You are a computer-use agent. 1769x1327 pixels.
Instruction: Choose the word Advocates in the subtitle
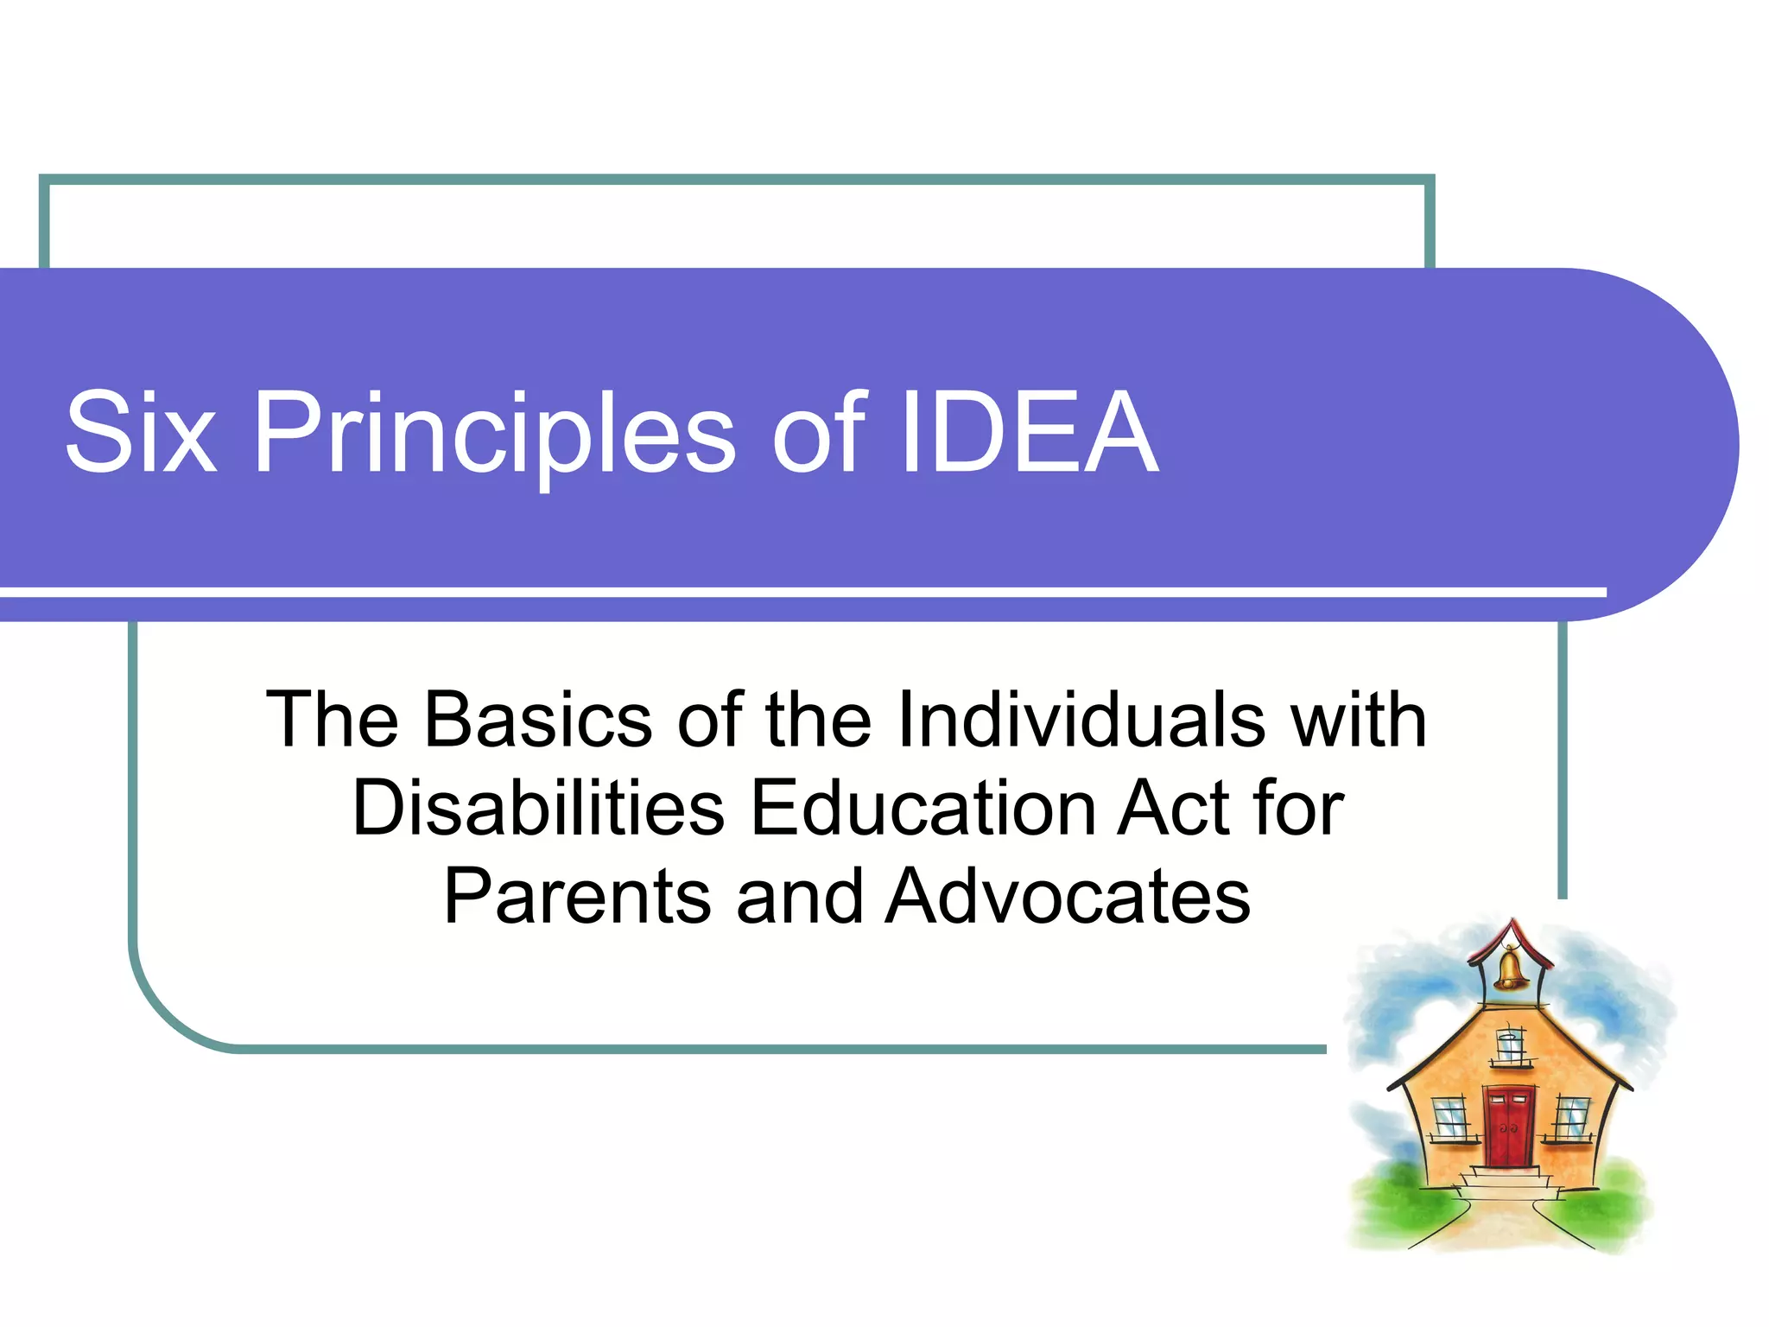pos(1068,897)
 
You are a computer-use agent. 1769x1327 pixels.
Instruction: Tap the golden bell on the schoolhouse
pos(1509,969)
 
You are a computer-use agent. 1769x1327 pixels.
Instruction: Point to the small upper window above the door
pos(1510,1046)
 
